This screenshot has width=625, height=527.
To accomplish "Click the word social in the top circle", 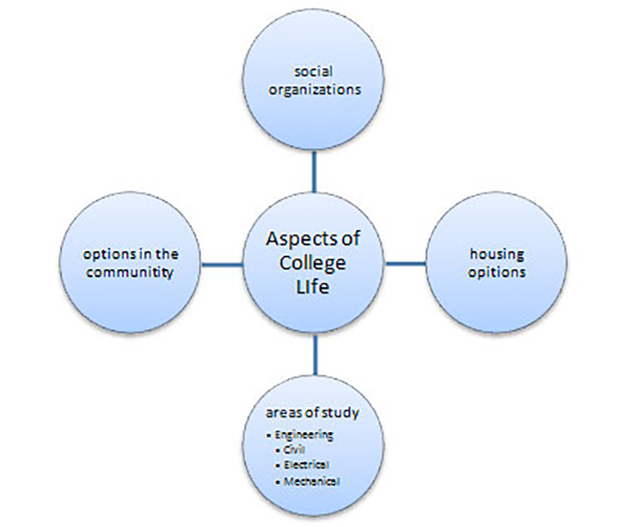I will (315, 71).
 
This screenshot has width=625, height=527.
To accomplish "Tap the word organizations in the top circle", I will (315, 89).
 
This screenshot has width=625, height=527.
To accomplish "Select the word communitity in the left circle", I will (130, 272).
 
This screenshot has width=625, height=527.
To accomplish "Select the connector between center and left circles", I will (221, 263).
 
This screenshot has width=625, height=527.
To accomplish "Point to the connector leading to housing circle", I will (406, 263).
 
